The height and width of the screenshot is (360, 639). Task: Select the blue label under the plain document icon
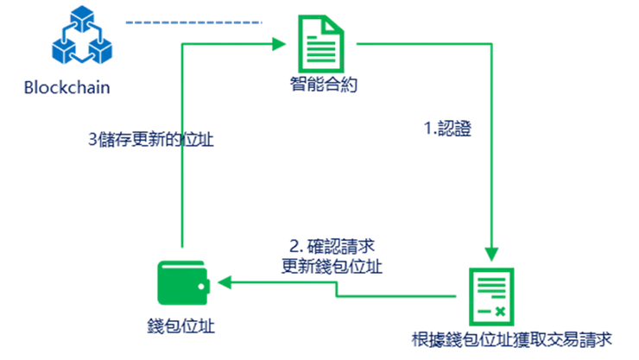324,86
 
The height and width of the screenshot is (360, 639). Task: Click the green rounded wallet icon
180,281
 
